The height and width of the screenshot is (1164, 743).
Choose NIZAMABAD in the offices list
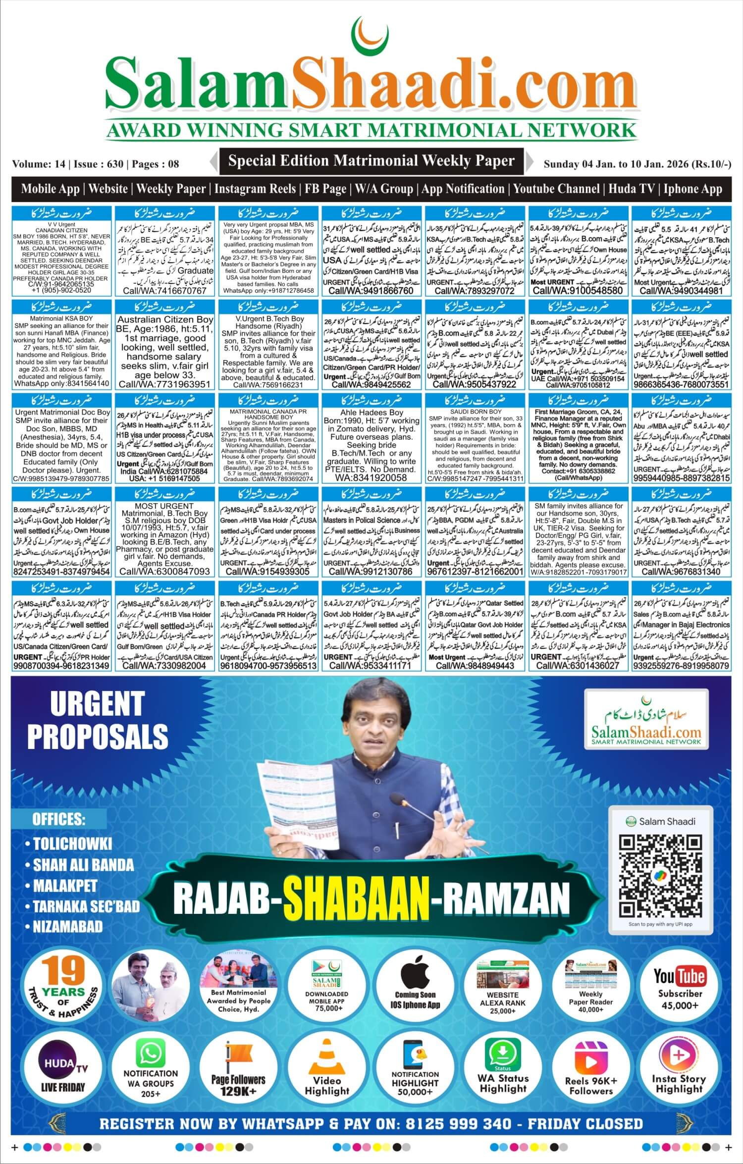click(67, 926)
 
